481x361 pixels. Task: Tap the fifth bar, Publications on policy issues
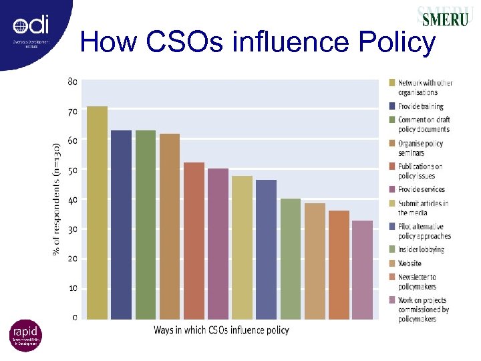(x=194, y=241)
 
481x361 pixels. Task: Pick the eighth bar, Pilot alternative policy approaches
(x=266, y=249)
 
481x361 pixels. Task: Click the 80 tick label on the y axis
(x=72, y=82)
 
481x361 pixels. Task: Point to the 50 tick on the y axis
(x=72, y=170)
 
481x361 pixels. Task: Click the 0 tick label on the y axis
(x=74, y=317)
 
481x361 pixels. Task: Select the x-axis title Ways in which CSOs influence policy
(x=221, y=330)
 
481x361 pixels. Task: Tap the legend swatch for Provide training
(x=393, y=106)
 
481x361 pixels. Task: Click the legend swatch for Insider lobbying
(x=393, y=249)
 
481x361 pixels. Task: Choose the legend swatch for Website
(x=393, y=263)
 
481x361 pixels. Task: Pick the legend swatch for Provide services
(x=393, y=190)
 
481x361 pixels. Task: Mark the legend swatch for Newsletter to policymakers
(x=393, y=277)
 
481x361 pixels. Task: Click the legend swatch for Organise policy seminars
(x=393, y=143)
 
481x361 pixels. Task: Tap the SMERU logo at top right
(x=443, y=17)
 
